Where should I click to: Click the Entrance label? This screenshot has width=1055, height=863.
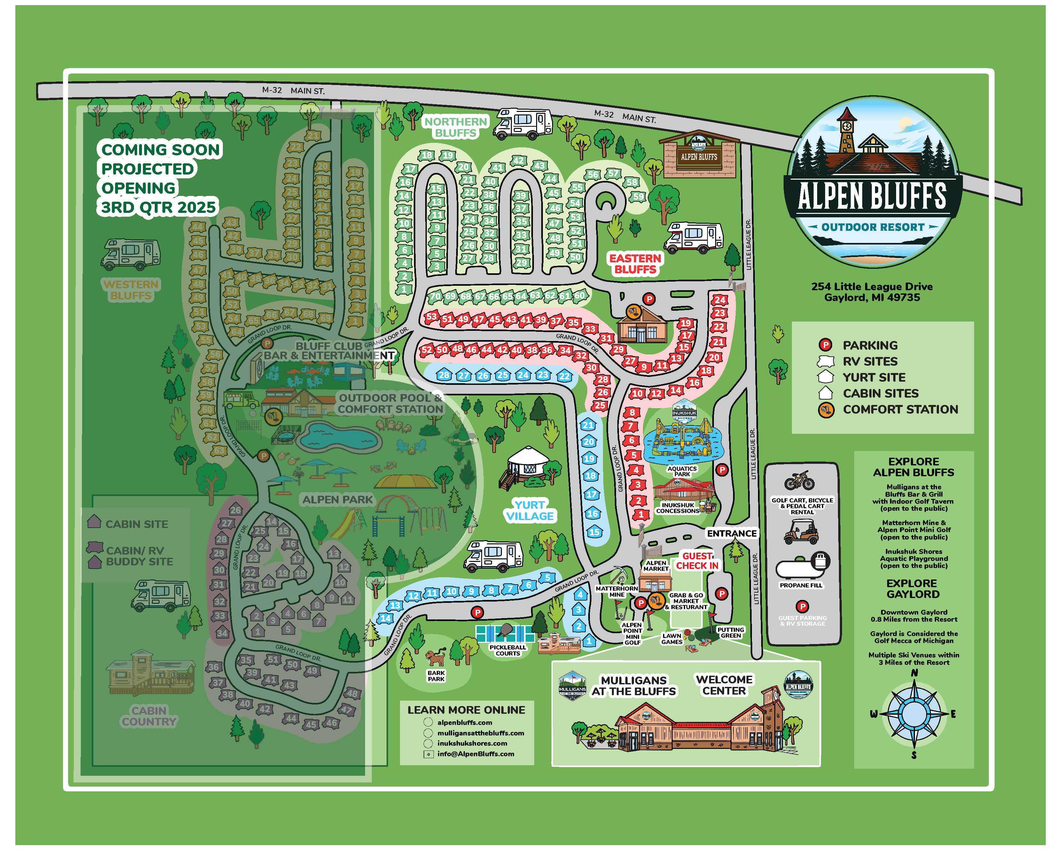tap(731, 533)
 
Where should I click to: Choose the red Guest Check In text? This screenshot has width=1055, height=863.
tap(697, 560)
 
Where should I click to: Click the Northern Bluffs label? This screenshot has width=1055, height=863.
tap(456, 127)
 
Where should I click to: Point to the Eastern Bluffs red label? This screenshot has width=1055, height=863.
tap(635, 263)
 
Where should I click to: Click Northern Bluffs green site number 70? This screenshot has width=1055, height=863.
tap(435, 296)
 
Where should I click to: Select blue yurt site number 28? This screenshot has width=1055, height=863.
tap(444, 375)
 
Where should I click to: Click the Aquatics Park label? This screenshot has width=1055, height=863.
tap(682, 471)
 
